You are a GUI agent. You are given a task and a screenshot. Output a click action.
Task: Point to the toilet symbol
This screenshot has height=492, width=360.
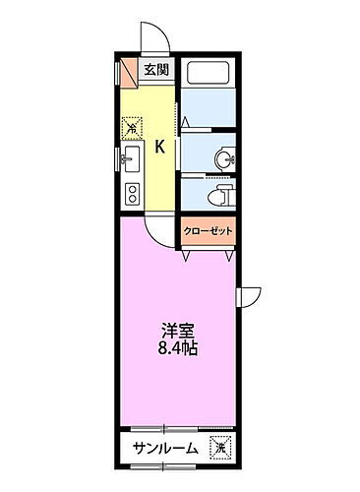pyautogui.click(x=222, y=191)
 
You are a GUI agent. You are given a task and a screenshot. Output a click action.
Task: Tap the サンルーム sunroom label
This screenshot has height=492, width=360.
pyautogui.click(x=164, y=449)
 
